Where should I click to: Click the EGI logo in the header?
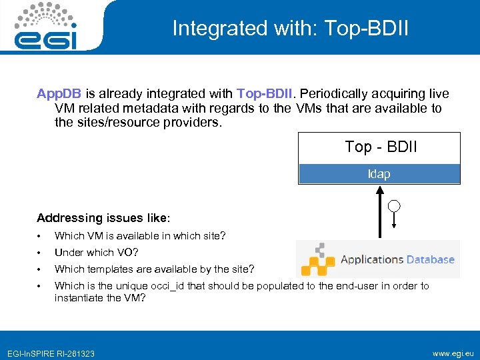tap(45, 27)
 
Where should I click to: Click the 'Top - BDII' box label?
tap(380, 147)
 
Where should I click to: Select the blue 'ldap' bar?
tap(379, 174)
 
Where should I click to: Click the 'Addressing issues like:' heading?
tap(103, 218)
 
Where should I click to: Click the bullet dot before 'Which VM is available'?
tap(41, 236)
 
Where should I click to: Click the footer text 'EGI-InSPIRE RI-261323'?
tap(51, 353)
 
